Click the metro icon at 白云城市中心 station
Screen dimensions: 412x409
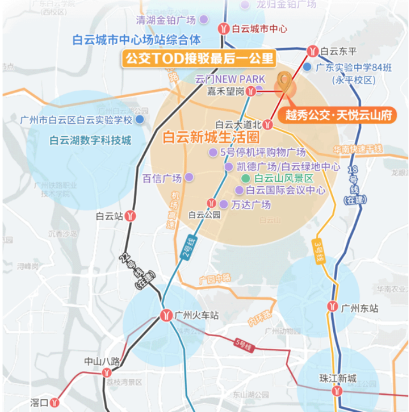tap(223, 28)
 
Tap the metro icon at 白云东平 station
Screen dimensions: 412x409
tap(312, 50)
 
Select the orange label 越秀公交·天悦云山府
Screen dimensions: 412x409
tap(338, 115)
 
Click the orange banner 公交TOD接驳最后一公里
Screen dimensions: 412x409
tap(198, 59)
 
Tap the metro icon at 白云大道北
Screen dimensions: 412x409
tap(269, 124)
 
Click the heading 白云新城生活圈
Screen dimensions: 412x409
tap(211, 136)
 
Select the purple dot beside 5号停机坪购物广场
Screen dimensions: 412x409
tap(213, 152)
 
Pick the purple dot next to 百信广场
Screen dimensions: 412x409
tap(189, 177)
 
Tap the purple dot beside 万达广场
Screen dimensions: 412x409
tap(224, 204)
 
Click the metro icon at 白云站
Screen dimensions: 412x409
tap(130, 216)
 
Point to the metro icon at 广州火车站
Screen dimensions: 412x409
tap(165, 314)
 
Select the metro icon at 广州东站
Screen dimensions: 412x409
tap(332, 307)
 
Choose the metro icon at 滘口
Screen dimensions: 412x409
tap(56, 402)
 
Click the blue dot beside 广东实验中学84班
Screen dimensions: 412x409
tap(308, 66)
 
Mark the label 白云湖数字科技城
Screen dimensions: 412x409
tap(91, 140)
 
